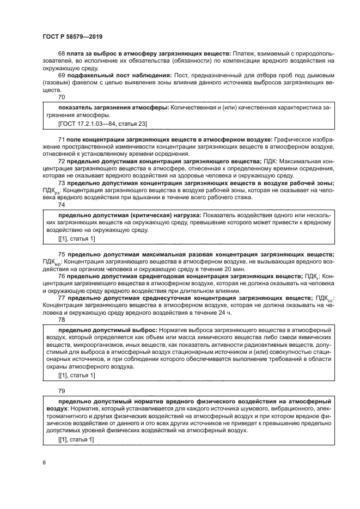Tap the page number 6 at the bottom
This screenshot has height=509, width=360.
point(44,462)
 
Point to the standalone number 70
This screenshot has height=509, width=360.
point(61,96)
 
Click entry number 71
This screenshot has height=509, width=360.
point(61,140)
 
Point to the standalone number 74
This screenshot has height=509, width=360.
point(61,205)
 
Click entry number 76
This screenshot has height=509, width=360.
point(61,277)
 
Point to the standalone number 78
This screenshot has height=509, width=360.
point(61,320)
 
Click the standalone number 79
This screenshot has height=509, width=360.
point(61,391)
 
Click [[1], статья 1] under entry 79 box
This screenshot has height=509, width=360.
point(76,440)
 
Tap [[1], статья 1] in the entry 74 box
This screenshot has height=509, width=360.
point(76,239)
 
